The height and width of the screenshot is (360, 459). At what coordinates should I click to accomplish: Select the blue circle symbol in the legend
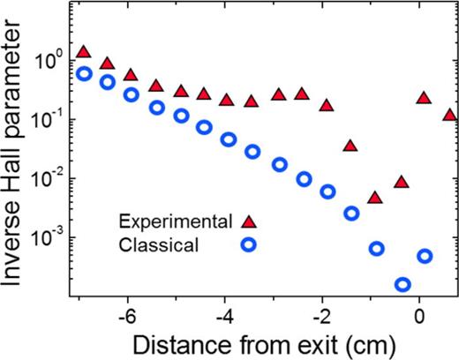coord(249,244)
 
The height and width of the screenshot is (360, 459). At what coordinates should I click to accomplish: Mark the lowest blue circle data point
coord(403,284)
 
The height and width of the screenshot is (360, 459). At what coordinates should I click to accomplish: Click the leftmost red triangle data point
coord(84,52)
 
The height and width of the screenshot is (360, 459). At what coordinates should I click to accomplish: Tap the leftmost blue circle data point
coord(84,73)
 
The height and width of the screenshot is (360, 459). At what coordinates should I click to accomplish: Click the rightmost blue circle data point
coord(425,256)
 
